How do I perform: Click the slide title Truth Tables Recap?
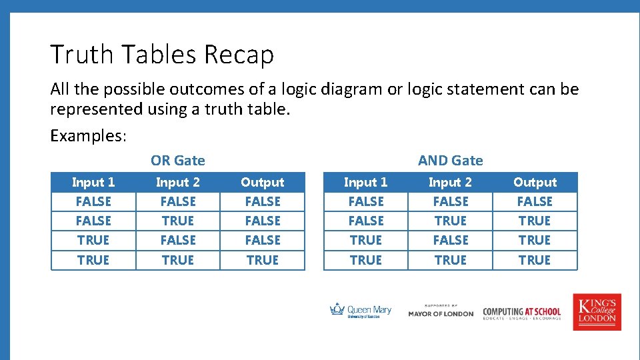(162, 55)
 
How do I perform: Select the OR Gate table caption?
(178, 160)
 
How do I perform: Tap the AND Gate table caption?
(450, 160)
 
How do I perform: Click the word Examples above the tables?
(88, 136)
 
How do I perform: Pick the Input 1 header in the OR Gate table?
(93, 182)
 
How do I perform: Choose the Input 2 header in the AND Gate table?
(450, 182)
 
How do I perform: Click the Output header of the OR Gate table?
(262, 182)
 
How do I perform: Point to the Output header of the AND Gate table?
(535, 182)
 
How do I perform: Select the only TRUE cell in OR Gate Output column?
(262, 260)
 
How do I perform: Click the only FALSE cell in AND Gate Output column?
(535, 201)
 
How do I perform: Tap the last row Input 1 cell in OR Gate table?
(93, 260)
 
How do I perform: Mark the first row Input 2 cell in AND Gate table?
(450, 201)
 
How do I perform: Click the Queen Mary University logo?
(361, 311)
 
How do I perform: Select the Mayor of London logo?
(441, 311)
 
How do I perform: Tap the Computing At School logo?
(522, 312)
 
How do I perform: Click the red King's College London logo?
(597, 311)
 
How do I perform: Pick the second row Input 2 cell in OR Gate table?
(178, 221)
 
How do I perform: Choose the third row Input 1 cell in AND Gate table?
(365, 240)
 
